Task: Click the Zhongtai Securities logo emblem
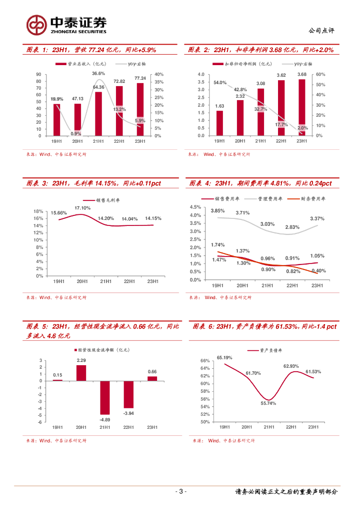click(36, 25)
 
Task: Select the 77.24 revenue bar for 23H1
click(140, 109)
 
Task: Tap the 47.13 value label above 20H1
click(77, 99)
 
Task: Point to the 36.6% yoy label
click(98, 74)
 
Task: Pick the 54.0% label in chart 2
click(220, 83)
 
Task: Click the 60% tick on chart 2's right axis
click(320, 74)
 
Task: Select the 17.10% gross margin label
click(82, 207)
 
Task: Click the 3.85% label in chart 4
click(217, 211)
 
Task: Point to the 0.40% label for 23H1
click(318, 271)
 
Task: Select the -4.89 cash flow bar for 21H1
click(104, 397)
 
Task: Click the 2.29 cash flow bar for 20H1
click(81, 373)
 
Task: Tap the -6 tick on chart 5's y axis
click(40, 422)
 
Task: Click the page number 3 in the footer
click(181, 491)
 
